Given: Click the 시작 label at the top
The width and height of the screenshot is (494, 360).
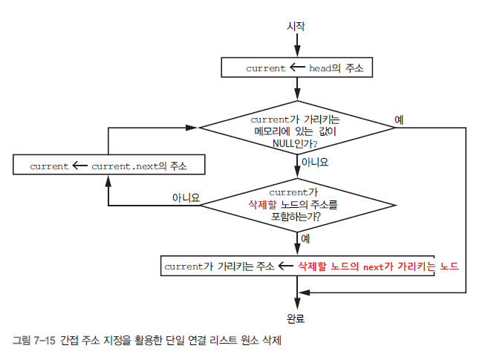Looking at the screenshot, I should (x=296, y=26).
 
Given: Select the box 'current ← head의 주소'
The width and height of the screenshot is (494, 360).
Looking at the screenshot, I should (x=296, y=68).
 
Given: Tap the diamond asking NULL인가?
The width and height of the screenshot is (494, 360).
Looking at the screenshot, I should (x=296, y=128).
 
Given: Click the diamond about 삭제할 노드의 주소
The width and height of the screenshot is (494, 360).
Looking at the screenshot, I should (x=296, y=203).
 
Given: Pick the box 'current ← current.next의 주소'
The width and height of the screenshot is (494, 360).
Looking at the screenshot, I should (x=108, y=165).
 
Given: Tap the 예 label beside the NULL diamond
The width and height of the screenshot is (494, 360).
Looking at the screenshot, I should (x=399, y=120).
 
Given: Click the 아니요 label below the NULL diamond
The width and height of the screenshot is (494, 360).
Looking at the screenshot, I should (x=314, y=161).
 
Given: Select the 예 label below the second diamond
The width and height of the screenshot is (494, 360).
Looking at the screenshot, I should (x=306, y=238).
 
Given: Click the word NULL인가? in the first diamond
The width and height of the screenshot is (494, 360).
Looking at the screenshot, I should (x=295, y=143).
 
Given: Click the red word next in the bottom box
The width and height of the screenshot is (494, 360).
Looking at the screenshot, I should (x=374, y=265).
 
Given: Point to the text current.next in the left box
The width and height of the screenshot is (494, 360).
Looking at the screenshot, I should (x=122, y=165).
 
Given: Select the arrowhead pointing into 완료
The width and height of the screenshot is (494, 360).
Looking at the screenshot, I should (x=296, y=304).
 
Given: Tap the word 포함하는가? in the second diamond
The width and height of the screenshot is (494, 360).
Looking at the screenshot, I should (x=296, y=218).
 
